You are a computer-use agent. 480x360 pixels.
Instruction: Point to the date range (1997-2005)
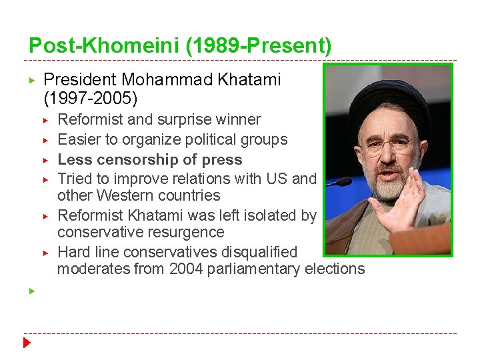(x=91, y=99)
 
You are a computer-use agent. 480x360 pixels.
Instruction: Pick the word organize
(x=141, y=140)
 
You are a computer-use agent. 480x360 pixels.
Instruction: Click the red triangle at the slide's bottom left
(x=27, y=344)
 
